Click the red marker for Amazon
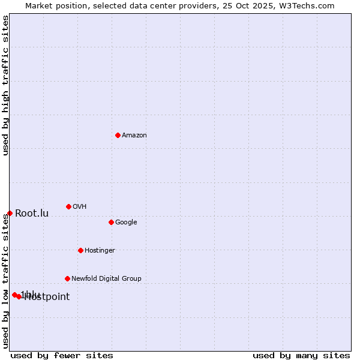click(118, 135)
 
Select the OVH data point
click(68, 206)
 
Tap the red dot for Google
click(111, 222)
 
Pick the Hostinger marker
click(80, 250)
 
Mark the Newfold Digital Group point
click(67, 278)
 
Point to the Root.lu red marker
click(10, 213)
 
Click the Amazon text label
click(134, 136)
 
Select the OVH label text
click(80, 207)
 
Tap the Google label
click(126, 223)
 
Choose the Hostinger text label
click(100, 251)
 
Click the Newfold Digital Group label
click(106, 279)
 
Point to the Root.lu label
click(32, 214)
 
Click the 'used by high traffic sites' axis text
click(5, 85)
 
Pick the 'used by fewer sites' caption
click(62, 356)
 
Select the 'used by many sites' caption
click(301, 356)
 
